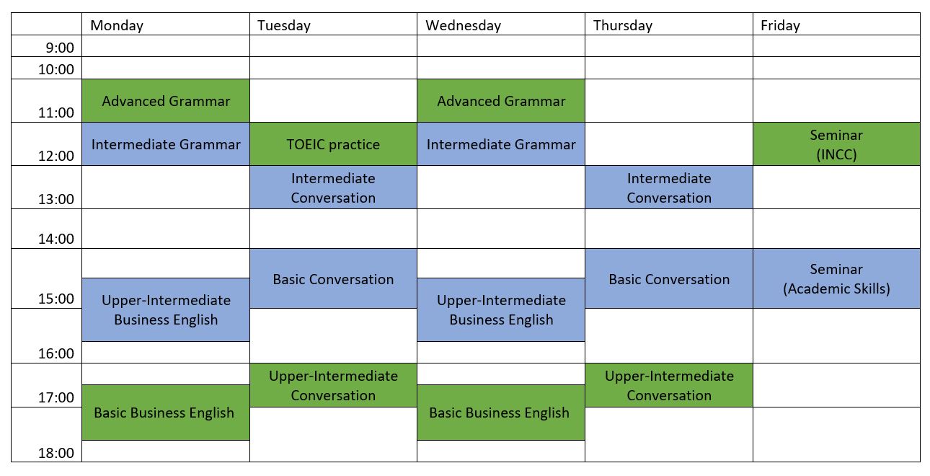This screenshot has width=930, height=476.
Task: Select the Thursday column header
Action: (x=622, y=25)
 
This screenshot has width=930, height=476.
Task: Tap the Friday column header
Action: (x=780, y=25)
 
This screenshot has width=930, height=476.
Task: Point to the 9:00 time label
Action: (x=60, y=48)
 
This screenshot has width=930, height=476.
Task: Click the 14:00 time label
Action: (x=56, y=239)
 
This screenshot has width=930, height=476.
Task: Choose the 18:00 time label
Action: (x=56, y=453)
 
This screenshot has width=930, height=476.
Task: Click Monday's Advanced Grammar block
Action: (x=166, y=101)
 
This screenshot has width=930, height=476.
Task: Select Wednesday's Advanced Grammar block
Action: (x=501, y=101)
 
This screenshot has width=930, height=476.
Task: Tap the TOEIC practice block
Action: (x=333, y=144)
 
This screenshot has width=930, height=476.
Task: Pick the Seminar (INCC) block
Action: (x=836, y=144)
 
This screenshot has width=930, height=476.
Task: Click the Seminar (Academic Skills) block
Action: (x=836, y=278)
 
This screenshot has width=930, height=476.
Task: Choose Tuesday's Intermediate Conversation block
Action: (x=333, y=188)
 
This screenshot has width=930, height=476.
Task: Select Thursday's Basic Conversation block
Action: (x=669, y=279)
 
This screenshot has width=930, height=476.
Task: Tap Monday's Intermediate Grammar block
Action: (x=166, y=144)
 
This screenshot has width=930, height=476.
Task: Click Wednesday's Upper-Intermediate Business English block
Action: (x=501, y=310)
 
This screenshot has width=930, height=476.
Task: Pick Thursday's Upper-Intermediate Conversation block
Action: (x=669, y=385)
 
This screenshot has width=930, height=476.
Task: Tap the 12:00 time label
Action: (x=56, y=156)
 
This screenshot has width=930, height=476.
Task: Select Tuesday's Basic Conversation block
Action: (x=333, y=279)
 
